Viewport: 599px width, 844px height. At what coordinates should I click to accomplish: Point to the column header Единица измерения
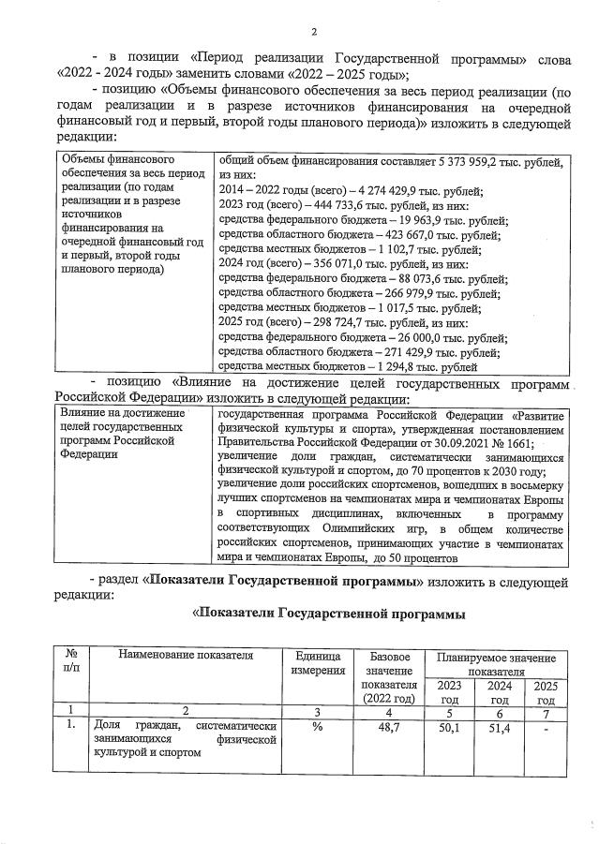[x=317, y=662]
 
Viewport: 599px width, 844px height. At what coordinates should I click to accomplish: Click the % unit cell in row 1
[x=317, y=728]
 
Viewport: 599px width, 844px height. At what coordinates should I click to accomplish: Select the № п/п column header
[x=70, y=662]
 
